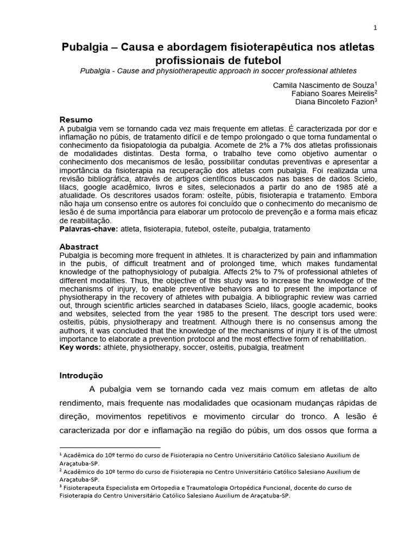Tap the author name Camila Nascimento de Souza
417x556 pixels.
pos(324,85)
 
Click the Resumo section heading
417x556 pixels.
pos(75,119)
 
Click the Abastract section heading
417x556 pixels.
pos(79,247)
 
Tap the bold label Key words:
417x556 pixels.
pos(79,347)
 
